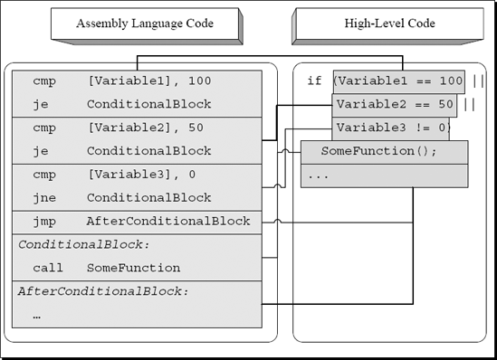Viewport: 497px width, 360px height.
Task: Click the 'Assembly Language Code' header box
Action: [x=145, y=24]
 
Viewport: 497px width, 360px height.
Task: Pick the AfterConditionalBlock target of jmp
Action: [x=168, y=221]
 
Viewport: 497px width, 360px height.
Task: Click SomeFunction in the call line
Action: [x=133, y=268]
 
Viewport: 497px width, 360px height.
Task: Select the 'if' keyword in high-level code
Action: [x=314, y=81]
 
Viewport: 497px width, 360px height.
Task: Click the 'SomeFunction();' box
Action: [x=383, y=152]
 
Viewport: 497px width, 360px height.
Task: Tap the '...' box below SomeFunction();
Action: [x=383, y=175]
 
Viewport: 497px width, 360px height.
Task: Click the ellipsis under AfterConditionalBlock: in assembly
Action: [x=37, y=315]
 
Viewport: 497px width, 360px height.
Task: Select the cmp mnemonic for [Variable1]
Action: [x=44, y=81]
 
